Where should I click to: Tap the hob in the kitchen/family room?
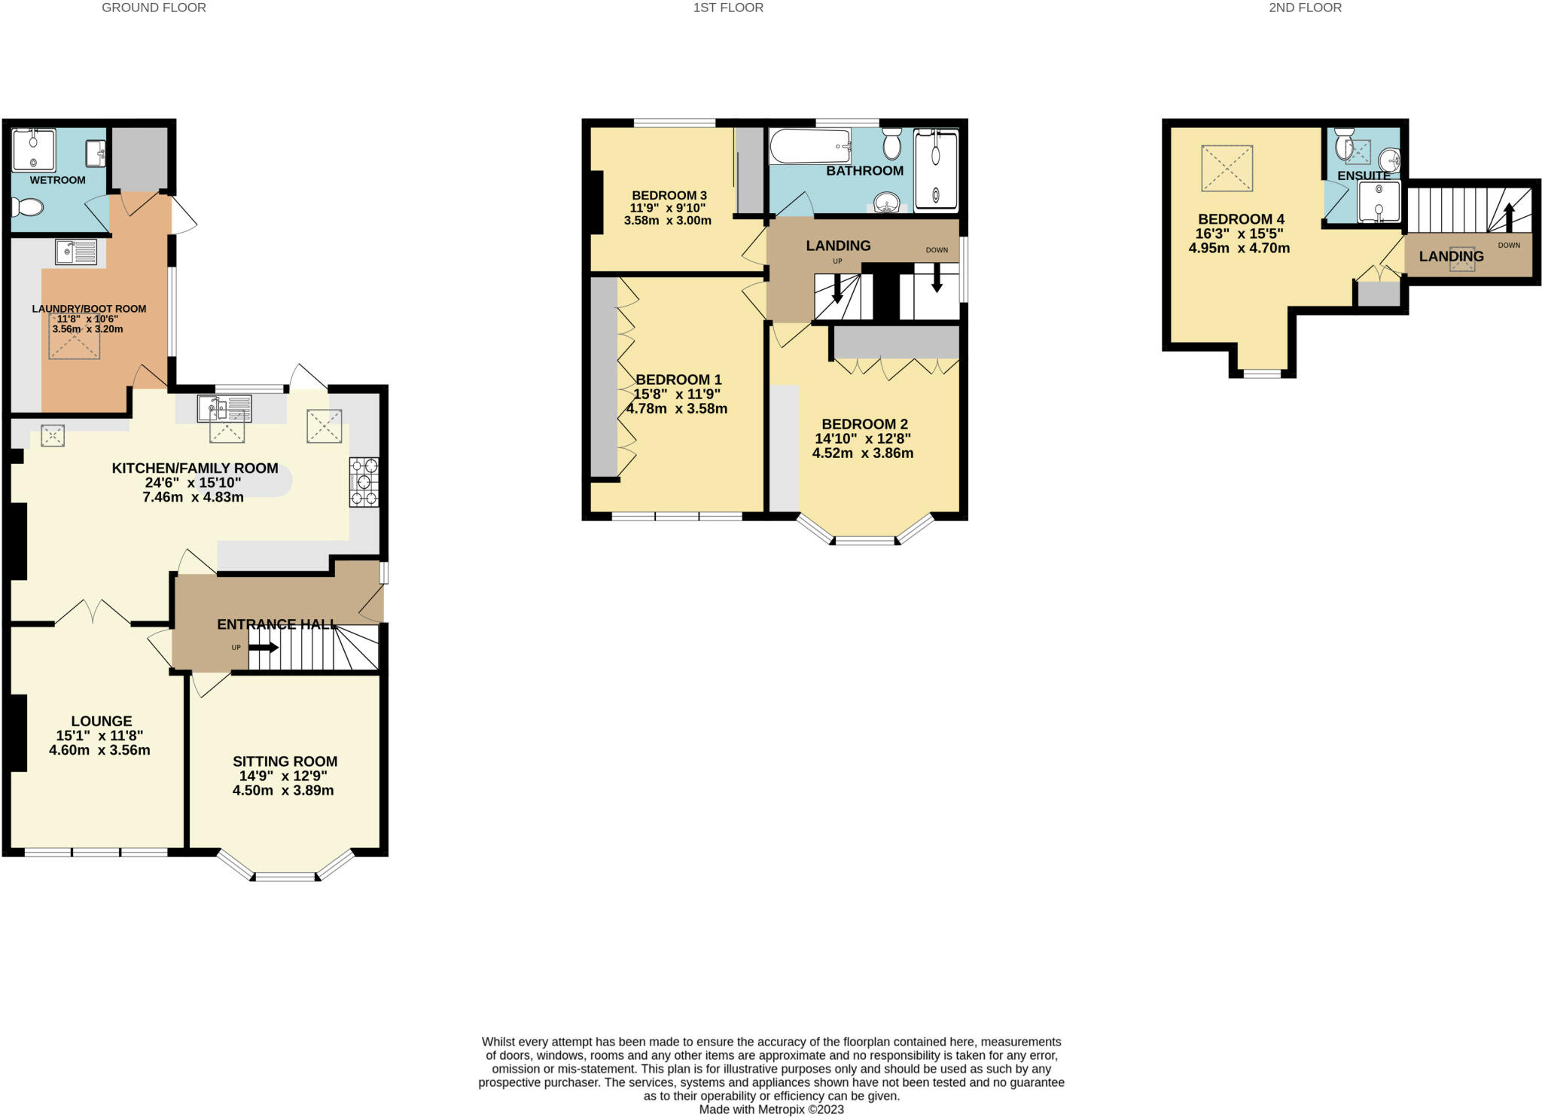click(364, 482)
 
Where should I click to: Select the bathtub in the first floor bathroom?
click(809, 146)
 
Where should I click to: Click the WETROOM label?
click(57, 180)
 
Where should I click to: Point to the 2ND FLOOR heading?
click(1305, 8)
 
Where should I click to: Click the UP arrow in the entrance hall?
click(263, 647)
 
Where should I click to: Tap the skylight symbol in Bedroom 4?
click(1227, 168)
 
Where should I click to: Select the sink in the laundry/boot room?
click(75, 252)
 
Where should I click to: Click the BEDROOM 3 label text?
click(669, 195)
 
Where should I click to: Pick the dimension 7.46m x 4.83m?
click(193, 497)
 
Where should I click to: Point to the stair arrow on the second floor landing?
click(1508, 218)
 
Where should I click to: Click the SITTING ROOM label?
click(285, 761)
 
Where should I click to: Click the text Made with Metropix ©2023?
click(771, 1109)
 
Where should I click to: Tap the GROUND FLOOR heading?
click(154, 8)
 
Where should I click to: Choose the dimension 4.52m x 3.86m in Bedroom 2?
click(862, 453)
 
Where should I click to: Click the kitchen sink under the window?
click(224, 408)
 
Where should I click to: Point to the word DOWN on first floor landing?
click(937, 250)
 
